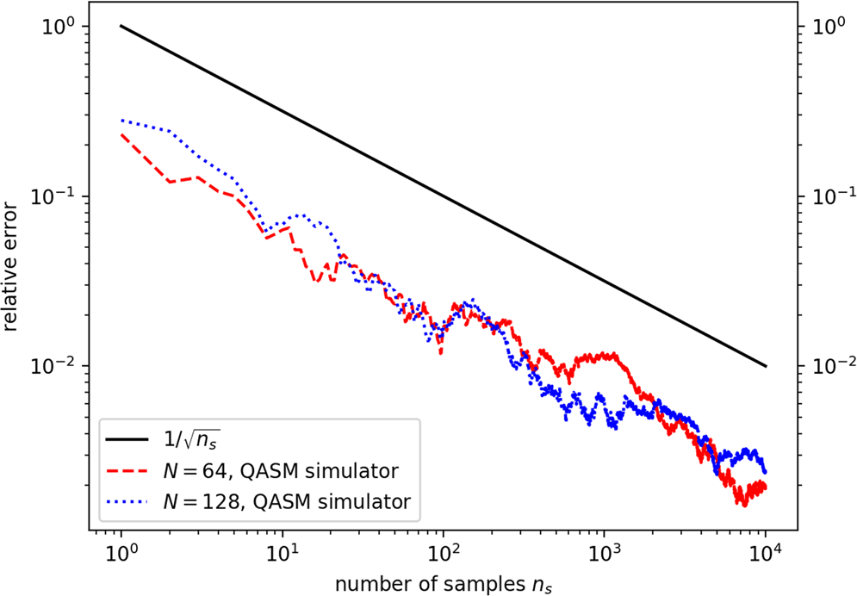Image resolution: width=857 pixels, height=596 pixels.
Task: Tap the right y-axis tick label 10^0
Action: [x=817, y=26]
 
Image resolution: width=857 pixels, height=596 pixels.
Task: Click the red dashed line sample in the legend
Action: [x=129, y=470]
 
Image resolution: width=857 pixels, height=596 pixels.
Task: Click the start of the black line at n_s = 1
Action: [x=121, y=26]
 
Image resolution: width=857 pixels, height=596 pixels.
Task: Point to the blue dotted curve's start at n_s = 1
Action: [x=121, y=120]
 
